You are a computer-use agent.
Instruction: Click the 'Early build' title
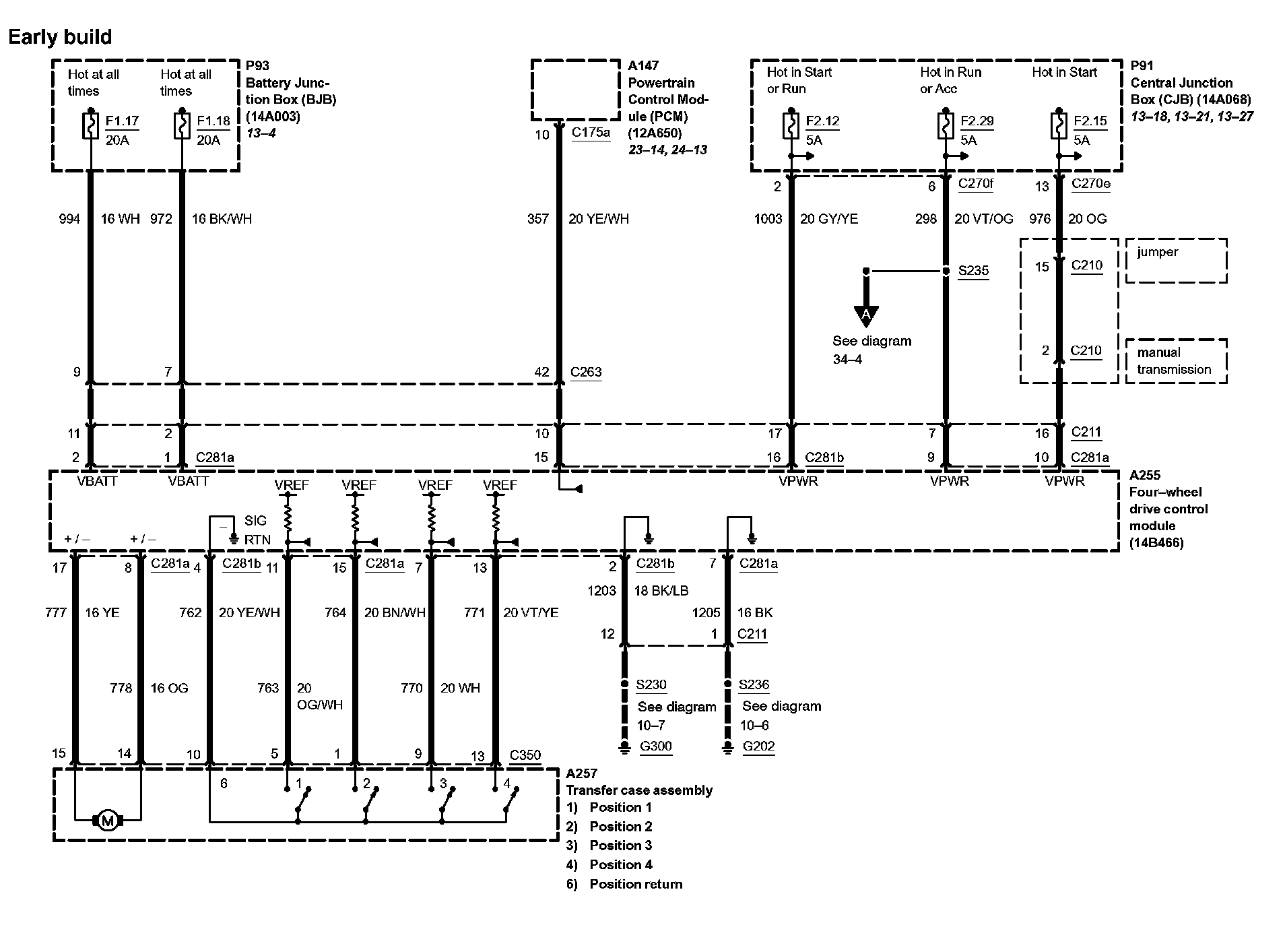pos(60,37)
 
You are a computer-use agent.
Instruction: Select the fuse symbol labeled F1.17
pos(90,126)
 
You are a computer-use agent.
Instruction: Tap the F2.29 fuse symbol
pos(945,126)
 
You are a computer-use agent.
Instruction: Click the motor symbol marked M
pos(108,820)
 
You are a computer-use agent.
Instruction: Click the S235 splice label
pos(973,271)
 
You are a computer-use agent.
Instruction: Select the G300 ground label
pos(655,746)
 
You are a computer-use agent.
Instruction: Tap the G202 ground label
pos(758,746)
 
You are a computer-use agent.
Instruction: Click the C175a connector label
pos(591,133)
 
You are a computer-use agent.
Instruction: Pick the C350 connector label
pos(525,755)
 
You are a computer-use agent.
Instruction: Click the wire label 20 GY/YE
pos(829,219)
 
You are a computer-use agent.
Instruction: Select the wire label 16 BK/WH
pos(222,219)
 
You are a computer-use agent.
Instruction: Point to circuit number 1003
pos(768,219)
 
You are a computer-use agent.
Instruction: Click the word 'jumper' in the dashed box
pos(1158,252)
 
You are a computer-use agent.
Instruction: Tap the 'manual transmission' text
pos(1174,361)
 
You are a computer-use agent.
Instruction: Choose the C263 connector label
pos(586,372)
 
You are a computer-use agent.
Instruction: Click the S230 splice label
pos(651,685)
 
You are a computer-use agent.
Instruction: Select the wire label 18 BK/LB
pos(661,591)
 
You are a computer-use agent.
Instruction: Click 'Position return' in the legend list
pos(636,885)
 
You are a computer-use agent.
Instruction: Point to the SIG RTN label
pos(257,530)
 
